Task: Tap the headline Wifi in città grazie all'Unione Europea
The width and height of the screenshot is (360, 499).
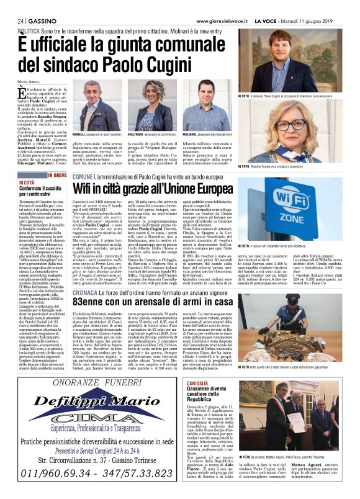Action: click(x=162, y=188)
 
